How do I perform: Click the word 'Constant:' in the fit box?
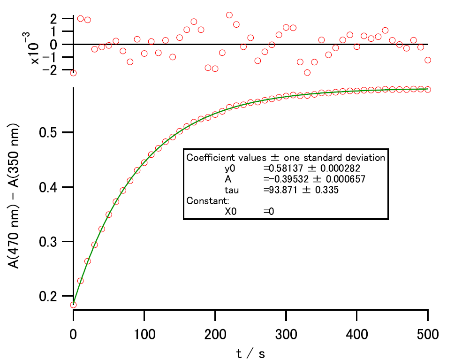coord(204,201)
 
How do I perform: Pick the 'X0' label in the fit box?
coord(231,212)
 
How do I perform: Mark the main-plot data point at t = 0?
coord(74,305)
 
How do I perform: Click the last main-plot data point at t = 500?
coord(428,89)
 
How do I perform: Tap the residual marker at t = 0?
coord(74,73)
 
